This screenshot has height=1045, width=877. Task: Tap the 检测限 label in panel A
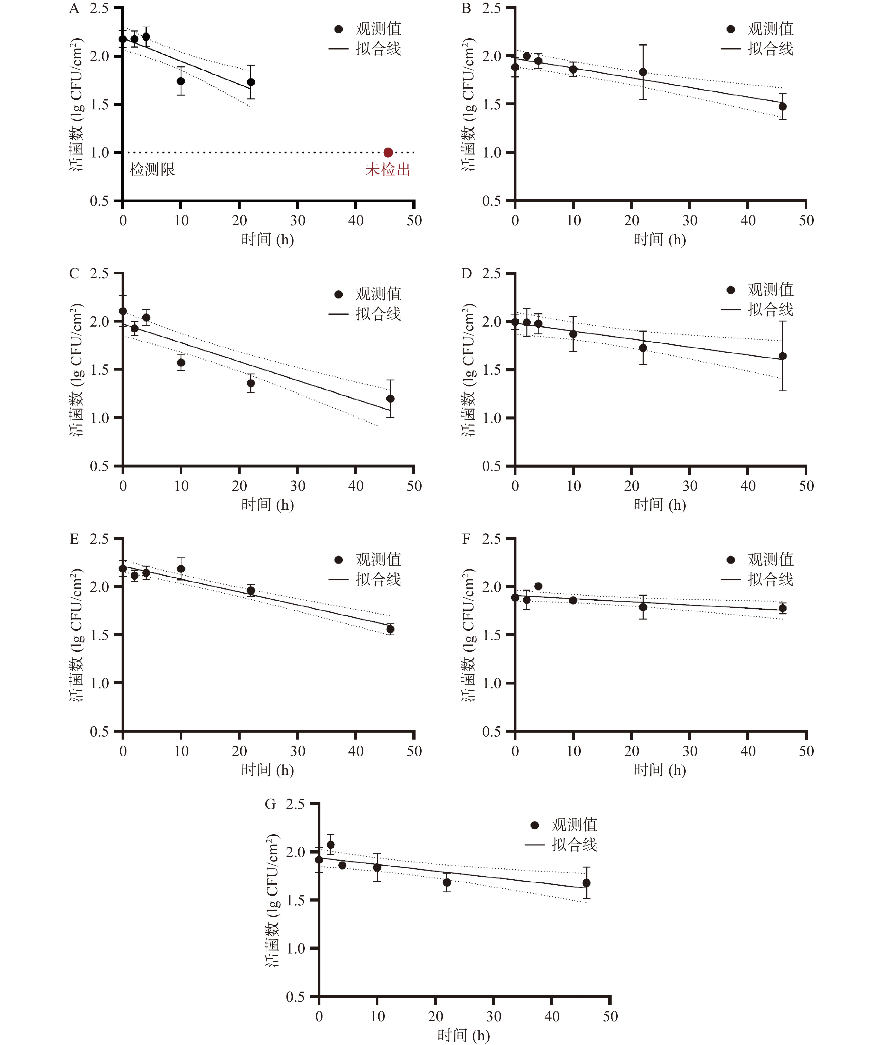(x=152, y=170)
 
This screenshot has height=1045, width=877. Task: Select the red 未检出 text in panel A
(x=388, y=170)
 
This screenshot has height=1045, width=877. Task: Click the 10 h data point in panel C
(x=181, y=362)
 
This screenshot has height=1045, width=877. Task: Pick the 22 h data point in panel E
(x=251, y=591)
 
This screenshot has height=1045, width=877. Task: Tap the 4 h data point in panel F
(x=538, y=586)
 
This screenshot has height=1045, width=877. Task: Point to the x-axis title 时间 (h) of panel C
(x=268, y=504)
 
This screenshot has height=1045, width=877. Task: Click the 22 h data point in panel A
(x=251, y=82)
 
